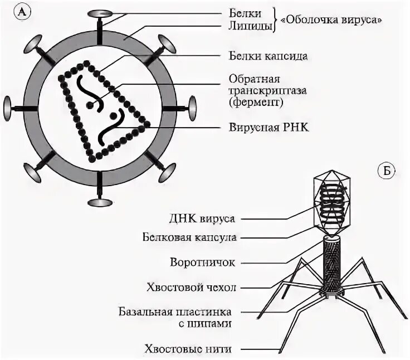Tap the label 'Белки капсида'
(268, 56)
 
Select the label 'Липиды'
(250, 25)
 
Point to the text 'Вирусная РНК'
(269, 127)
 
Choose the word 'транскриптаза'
(264, 90)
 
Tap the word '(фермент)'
(256, 103)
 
